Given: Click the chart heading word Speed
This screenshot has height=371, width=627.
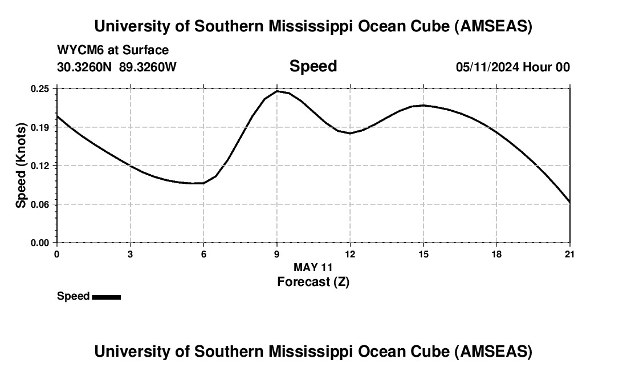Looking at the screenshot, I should [x=313, y=66].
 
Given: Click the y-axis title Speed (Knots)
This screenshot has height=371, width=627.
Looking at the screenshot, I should [x=21, y=166].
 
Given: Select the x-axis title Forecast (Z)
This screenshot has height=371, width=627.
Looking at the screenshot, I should [x=313, y=281].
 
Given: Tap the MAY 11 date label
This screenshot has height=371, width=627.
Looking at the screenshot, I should [x=313, y=267].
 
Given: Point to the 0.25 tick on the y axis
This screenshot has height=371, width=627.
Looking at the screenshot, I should [x=40, y=88].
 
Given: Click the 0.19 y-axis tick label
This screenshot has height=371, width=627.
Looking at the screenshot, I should [x=40, y=127].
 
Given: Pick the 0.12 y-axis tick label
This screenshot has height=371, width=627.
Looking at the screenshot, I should [x=40, y=166].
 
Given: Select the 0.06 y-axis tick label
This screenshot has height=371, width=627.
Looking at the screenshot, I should [x=40, y=204].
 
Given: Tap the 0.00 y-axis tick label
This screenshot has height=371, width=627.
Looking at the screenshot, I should [x=40, y=243].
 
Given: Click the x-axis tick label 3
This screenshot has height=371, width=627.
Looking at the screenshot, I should [x=131, y=254].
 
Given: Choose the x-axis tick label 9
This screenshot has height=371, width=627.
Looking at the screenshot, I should [x=277, y=254].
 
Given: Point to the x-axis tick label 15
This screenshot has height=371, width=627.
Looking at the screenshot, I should [x=424, y=254].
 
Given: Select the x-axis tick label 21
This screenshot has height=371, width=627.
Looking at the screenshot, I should [x=570, y=254].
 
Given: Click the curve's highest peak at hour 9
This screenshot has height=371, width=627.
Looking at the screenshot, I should [x=277, y=91].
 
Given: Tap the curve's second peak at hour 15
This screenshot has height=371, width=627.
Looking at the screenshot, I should [x=424, y=105].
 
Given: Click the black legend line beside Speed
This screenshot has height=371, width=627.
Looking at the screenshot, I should [x=106, y=297].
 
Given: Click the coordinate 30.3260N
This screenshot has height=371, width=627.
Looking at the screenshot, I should [x=85, y=67].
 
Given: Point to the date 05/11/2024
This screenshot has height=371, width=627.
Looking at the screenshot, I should [x=487, y=67].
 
